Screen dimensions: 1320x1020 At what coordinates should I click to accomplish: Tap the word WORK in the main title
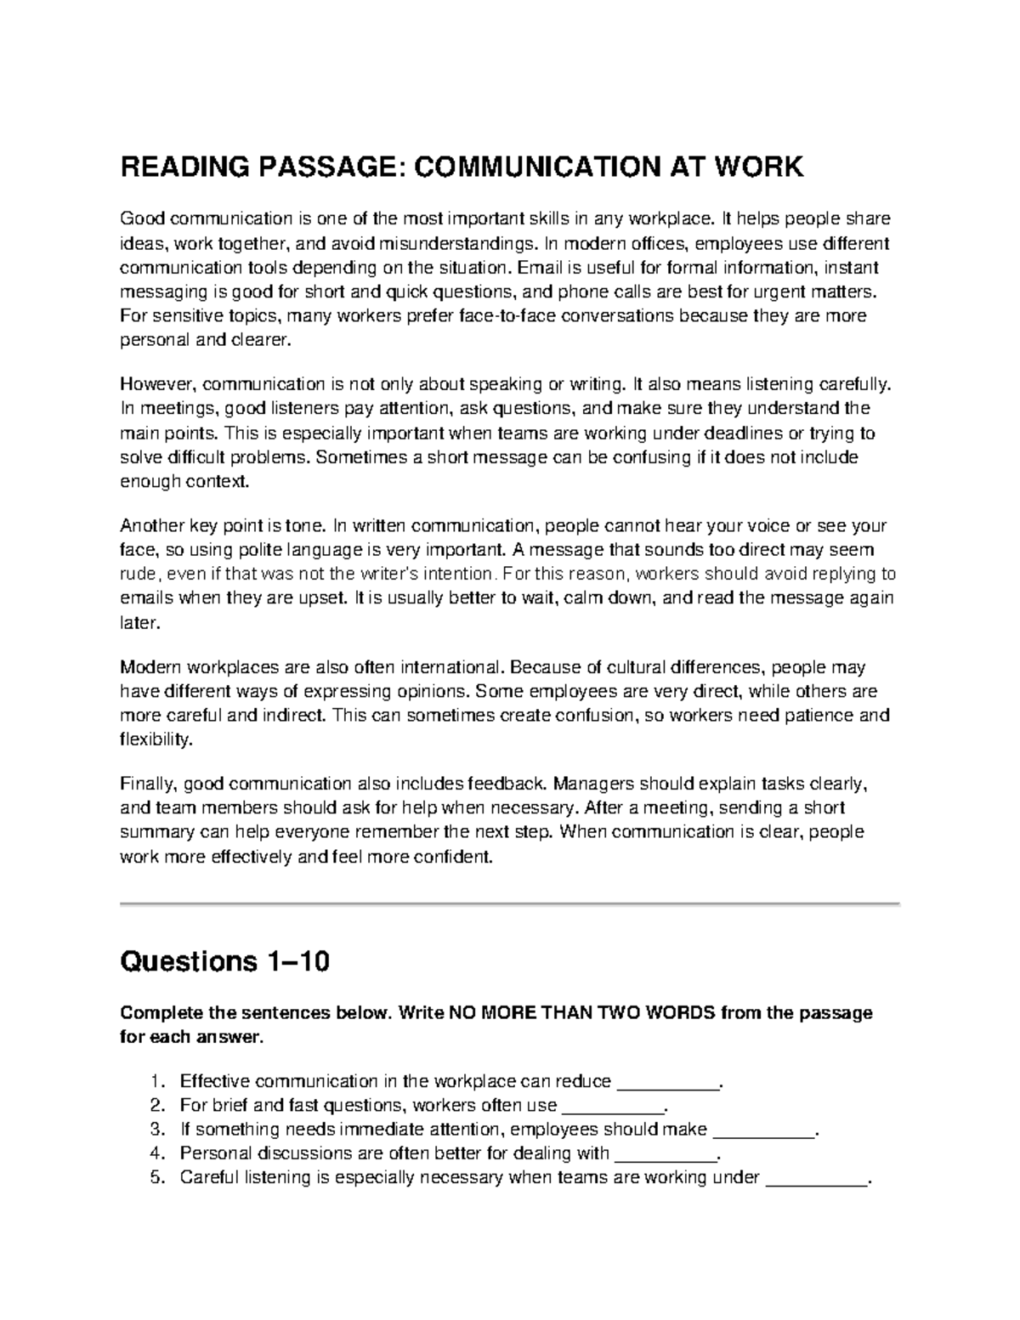756,167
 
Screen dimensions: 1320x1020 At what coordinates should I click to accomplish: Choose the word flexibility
156,739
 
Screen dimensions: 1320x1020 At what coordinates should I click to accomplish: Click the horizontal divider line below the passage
510,903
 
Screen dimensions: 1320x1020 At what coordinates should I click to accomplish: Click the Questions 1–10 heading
224,962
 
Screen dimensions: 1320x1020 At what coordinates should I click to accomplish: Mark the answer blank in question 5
817,1179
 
